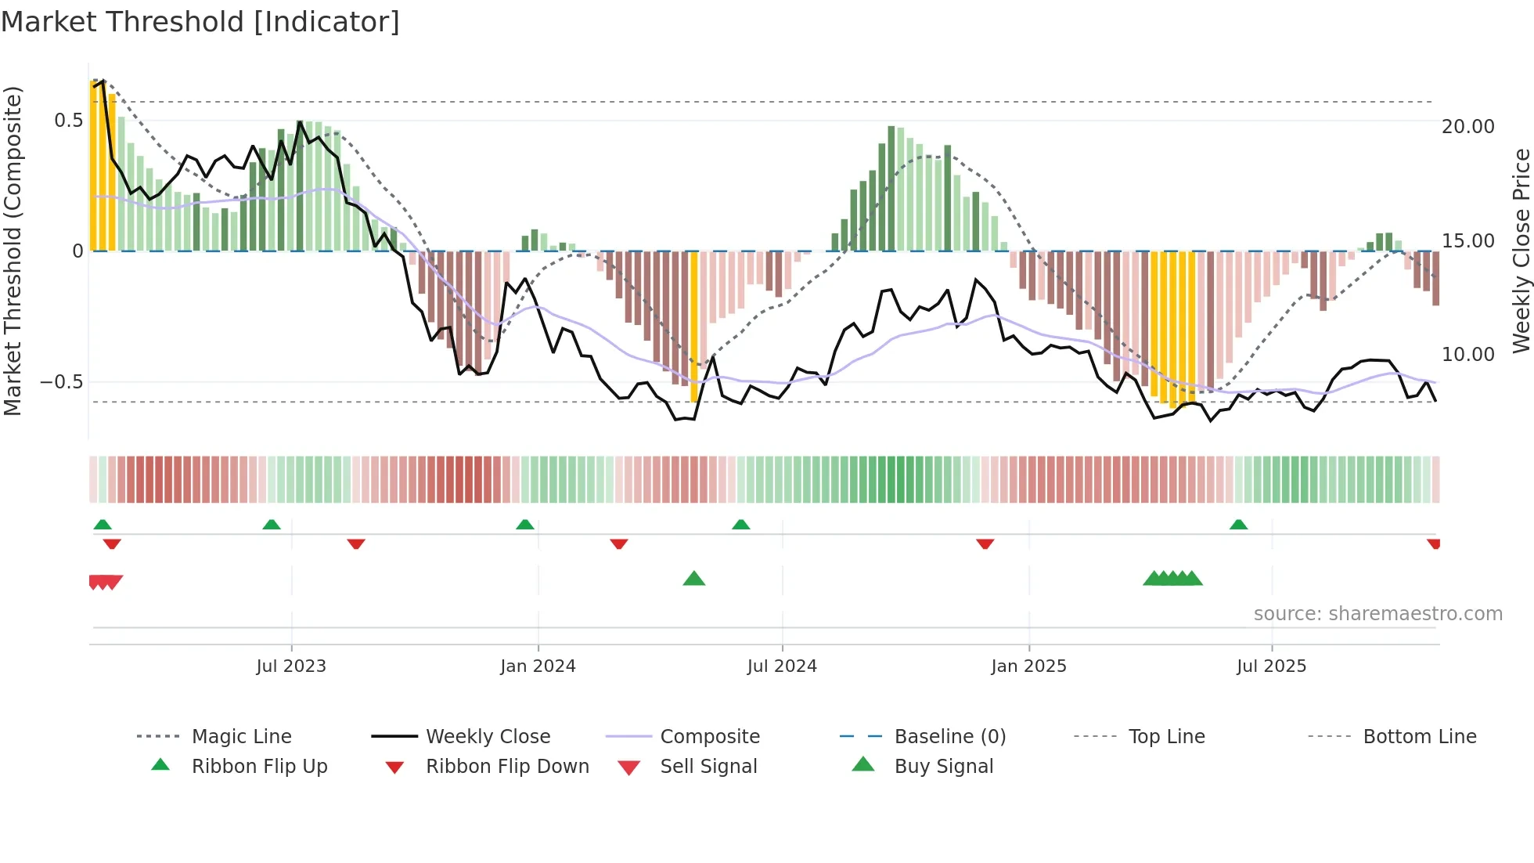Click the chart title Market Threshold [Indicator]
200,22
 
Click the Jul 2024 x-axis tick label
782,666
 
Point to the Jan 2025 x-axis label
1028,666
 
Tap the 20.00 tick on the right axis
1467,127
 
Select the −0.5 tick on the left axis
61,382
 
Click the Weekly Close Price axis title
1521,251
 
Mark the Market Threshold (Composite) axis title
13,251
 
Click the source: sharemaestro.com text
1377,614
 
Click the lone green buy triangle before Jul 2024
694,579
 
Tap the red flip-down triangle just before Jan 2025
985,543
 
